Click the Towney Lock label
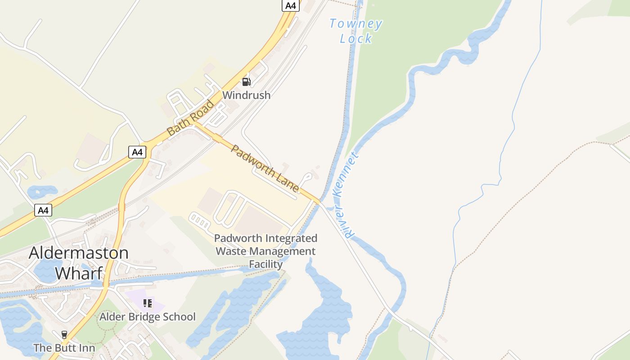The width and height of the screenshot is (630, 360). click(x=356, y=31)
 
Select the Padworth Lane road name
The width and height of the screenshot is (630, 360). click(x=265, y=168)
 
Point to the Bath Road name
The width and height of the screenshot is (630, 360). click(x=190, y=118)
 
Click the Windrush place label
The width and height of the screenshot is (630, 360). click(x=246, y=95)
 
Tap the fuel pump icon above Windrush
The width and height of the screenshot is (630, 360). click(x=246, y=81)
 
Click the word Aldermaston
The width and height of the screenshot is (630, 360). click(x=79, y=252)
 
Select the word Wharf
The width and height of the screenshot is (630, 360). click(x=79, y=273)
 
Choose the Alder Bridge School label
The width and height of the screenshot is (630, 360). click(x=148, y=317)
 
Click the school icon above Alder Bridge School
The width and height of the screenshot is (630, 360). click(x=147, y=303)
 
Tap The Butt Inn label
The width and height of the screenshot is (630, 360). click(x=64, y=348)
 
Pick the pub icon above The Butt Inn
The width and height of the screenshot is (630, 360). click(x=64, y=335)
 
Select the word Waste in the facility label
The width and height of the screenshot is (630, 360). click(x=231, y=251)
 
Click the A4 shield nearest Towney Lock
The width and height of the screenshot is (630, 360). click(x=291, y=5)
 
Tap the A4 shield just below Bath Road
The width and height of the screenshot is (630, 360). click(x=137, y=152)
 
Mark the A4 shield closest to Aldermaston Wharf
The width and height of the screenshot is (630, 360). click(x=43, y=210)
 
